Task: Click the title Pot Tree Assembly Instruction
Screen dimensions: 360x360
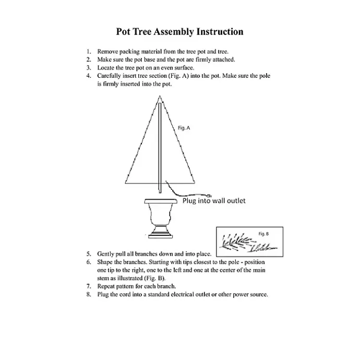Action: pyautogui.click(x=179, y=32)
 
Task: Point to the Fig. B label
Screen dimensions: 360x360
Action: pyautogui.click(x=263, y=234)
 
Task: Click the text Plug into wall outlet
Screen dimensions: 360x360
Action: pyautogui.click(x=214, y=200)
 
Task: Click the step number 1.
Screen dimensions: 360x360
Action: pyautogui.click(x=89, y=52)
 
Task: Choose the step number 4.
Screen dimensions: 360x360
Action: pyautogui.click(x=89, y=76)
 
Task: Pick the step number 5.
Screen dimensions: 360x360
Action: pyautogui.click(x=89, y=254)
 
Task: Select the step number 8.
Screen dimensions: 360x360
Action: pyautogui.click(x=89, y=295)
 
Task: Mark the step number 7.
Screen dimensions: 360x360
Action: pyautogui.click(x=89, y=286)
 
